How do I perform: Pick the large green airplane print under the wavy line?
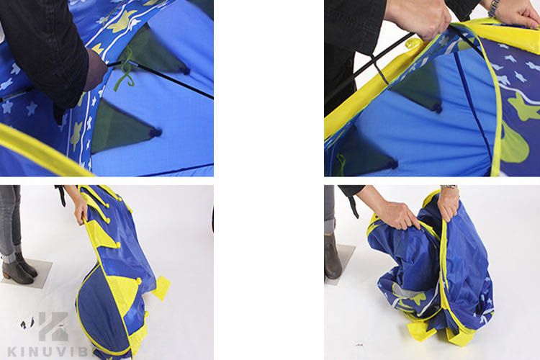click(x=522, y=107)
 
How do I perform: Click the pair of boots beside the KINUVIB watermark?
click(x=19, y=267)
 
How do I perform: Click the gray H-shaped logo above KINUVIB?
click(x=53, y=326)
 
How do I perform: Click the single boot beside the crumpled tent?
click(x=333, y=256)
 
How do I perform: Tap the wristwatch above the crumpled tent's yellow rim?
click(x=449, y=187)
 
